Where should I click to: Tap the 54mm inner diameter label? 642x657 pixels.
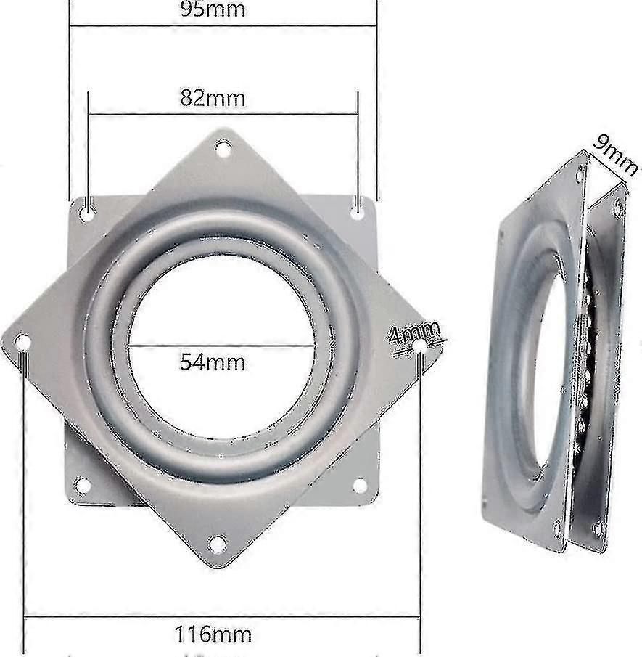tap(213, 361)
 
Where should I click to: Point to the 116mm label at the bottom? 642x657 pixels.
tap(213, 635)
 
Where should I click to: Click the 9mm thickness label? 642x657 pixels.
tap(613, 155)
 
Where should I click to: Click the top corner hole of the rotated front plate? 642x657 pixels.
tap(223, 150)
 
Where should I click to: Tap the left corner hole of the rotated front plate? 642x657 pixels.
tap(23, 341)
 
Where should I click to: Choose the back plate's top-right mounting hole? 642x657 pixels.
tap(358, 211)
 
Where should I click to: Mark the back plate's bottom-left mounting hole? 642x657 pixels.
tap(83, 484)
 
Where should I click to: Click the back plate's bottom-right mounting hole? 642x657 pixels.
tap(359, 484)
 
